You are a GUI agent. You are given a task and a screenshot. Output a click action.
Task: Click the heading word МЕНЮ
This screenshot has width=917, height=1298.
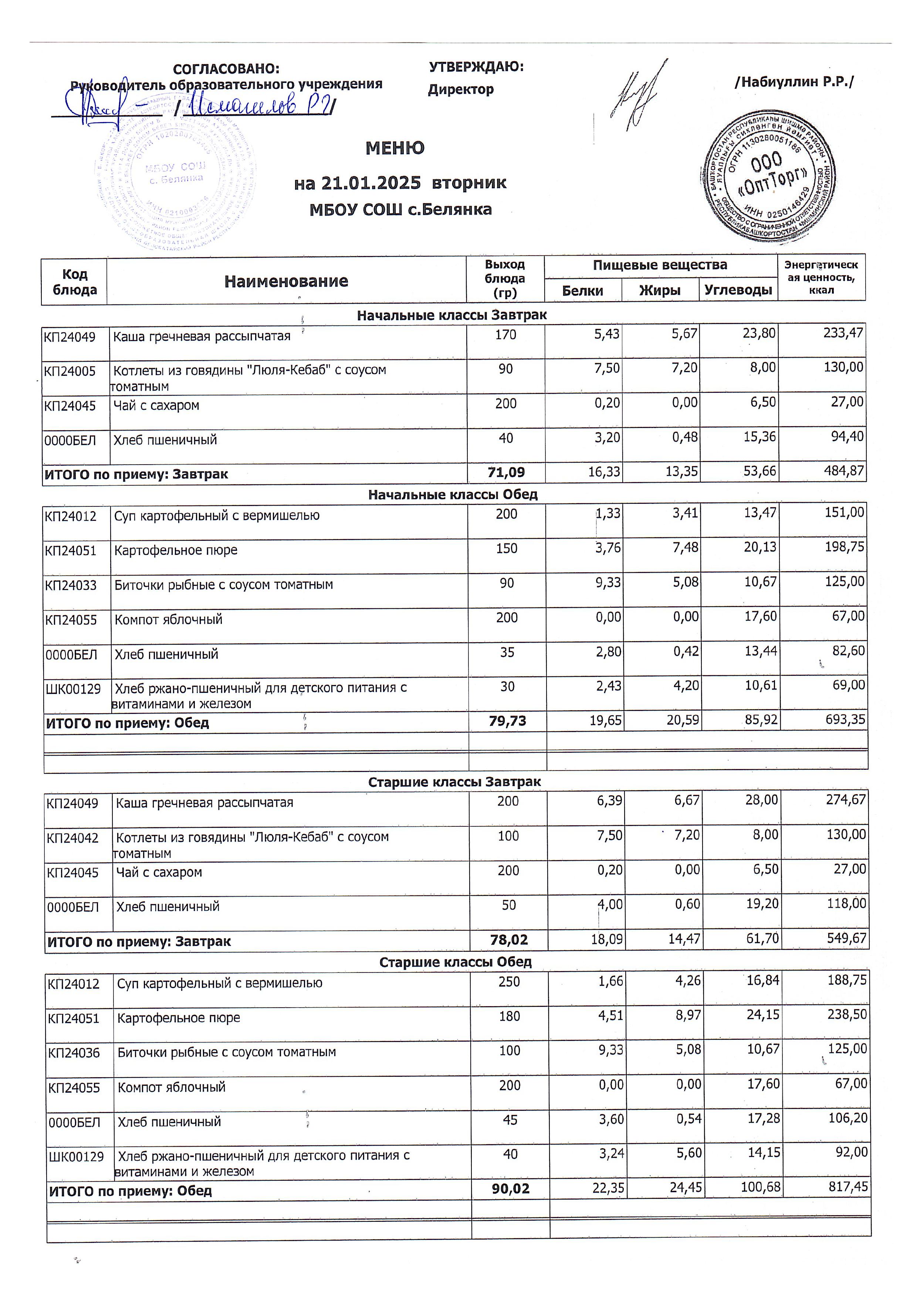395,148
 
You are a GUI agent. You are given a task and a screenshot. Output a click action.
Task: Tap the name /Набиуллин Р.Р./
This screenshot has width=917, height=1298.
794,82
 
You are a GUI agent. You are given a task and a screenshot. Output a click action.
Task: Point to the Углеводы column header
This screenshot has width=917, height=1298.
738,291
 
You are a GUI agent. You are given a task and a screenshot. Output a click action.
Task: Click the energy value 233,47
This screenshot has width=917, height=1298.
843,333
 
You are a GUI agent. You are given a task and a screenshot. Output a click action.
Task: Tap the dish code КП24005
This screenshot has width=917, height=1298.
70,371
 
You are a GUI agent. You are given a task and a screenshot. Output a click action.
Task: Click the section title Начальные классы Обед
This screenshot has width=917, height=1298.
453,495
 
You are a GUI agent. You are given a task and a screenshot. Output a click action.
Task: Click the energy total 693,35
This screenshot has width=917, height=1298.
845,720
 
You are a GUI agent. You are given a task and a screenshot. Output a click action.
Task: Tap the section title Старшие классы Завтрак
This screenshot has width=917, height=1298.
454,782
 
